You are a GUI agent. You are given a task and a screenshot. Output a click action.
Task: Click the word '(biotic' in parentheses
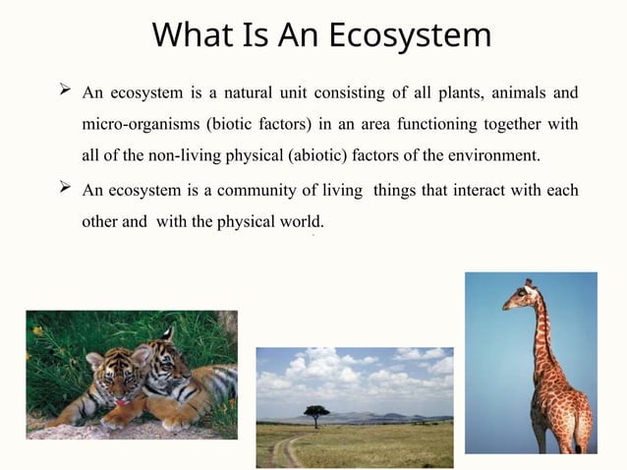click(x=228, y=125)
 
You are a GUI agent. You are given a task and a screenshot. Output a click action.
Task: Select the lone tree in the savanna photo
click(x=316, y=413)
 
